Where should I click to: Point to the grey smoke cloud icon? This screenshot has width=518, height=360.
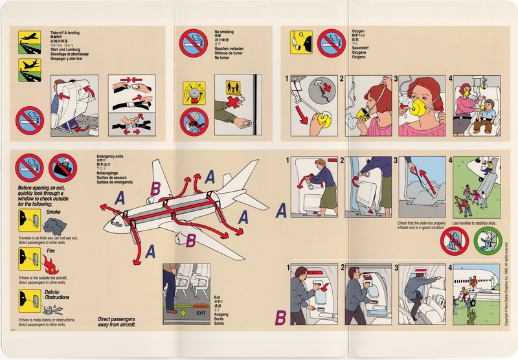(52, 225)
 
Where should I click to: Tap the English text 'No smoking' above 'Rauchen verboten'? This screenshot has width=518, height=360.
(224, 31)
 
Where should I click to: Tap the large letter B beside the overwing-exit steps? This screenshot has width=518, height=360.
(281, 317)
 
